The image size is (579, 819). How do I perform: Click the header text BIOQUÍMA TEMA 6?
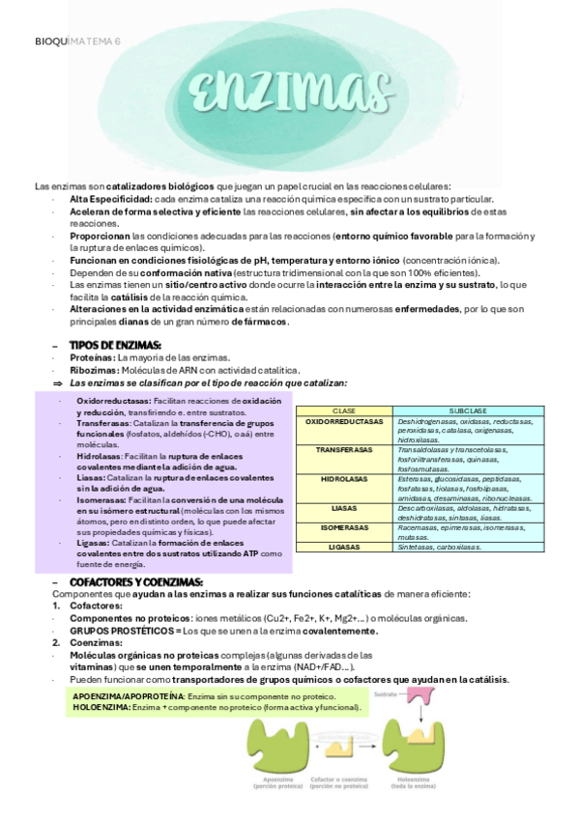pyautogui.click(x=77, y=42)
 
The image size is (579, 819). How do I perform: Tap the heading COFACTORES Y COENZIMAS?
pyautogui.click(x=136, y=581)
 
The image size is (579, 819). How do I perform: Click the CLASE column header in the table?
pyautogui.click(x=344, y=410)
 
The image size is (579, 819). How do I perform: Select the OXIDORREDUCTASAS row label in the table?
pyautogui.click(x=344, y=421)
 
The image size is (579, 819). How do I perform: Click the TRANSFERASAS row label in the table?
pyautogui.click(x=344, y=449)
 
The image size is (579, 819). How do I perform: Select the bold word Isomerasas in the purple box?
pyautogui.click(x=100, y=501)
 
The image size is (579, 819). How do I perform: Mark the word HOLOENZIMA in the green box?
pyautogui.click(x=101, y=707)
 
